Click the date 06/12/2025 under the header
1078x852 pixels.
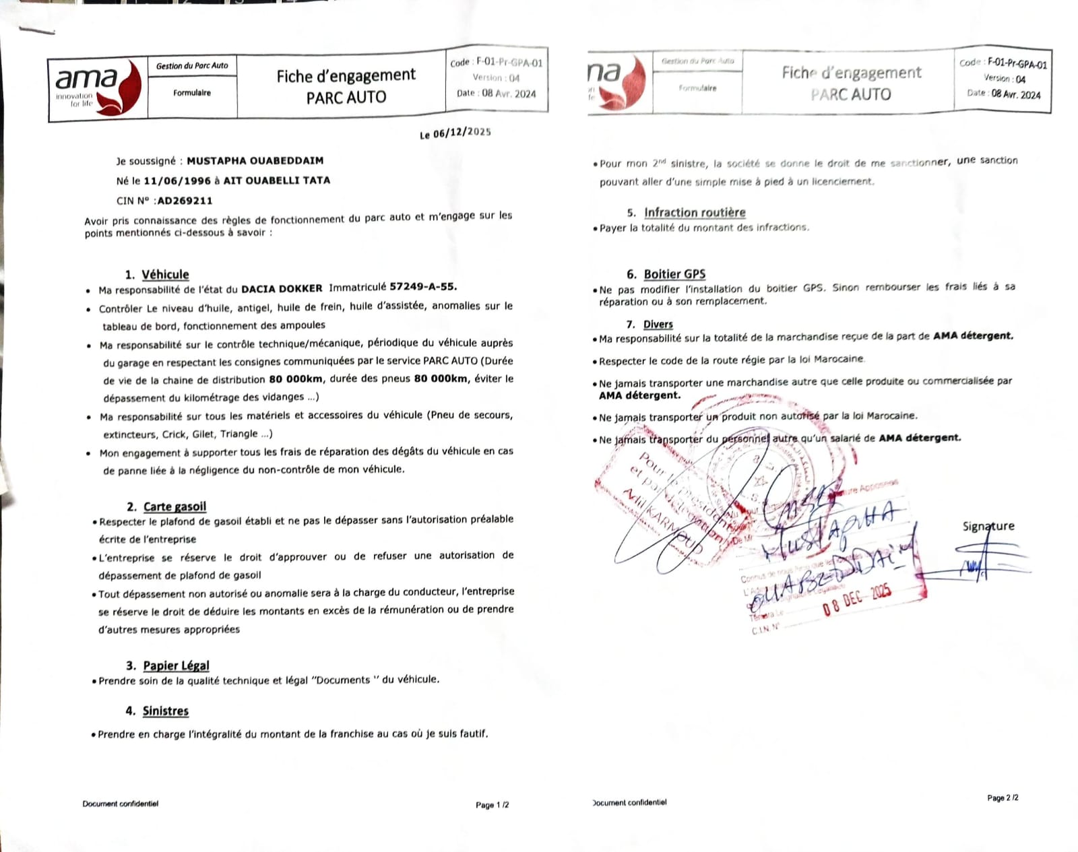pyautogui.click(x=462, y=133)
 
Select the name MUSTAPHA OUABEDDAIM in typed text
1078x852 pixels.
pyautogui.click(x=255, y=161)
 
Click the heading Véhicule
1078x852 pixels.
pyautogui.click(x=165, y=275)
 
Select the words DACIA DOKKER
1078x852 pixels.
pyautogui.click(x=282, y=289)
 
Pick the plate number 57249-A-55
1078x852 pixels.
pyautogui.click(x=422, y=286)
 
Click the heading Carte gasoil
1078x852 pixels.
pyautogui.click(x=175, y=506)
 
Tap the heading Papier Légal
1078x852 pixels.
pyautogui.click(x=176, y=665)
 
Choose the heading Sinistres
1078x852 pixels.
pyautogui.click(x=166, y=711)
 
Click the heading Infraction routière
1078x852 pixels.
pyautogui.click(x=695, y=213)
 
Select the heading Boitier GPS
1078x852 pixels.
pyautogui.click(x=674, y=274)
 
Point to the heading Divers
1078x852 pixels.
pyautogui.click(x=658, y=324)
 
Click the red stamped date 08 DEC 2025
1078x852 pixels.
pyautogui.click(x=857, y=599)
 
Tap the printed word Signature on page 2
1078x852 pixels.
pyautogui.click(x=988, y=526)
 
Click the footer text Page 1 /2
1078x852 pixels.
pyautogui.click(x=492, y=805)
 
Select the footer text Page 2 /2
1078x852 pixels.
pyautogui.click(x=1003, y=798)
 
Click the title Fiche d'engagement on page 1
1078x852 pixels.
pyautogui.click(x=346, y=76)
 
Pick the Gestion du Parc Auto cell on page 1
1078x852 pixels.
pyautogui.click(x=192, y=66)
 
